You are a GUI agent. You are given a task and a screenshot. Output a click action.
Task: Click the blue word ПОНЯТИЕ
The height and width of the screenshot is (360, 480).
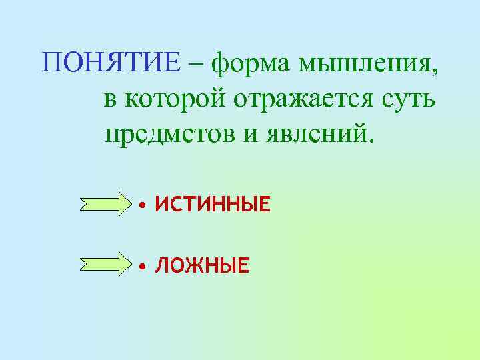coord(111,64)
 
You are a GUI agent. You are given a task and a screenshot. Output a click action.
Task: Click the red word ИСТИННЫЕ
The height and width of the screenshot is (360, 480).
coord(213,204)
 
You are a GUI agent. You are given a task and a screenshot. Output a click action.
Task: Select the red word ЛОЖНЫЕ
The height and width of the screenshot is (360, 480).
coord(202,267)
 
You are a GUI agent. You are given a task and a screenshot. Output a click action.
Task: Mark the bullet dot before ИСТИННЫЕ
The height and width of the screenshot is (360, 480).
coord(142,205)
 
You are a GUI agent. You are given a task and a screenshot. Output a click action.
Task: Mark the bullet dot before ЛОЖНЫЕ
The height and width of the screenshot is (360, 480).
coord(142,267)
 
